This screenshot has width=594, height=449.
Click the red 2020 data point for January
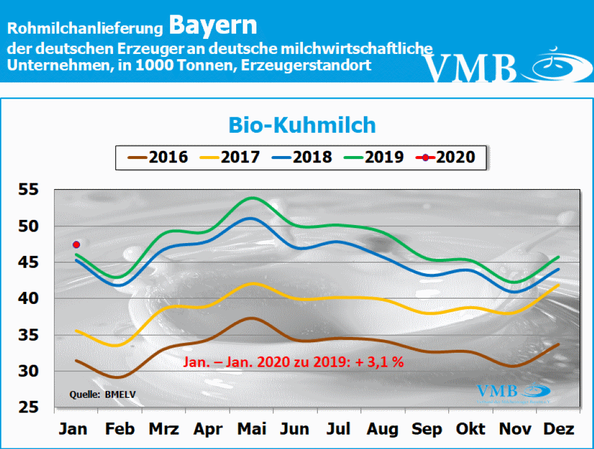click(76, 244)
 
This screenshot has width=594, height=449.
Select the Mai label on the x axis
click(252, 430)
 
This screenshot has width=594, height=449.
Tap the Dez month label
click(559, 430)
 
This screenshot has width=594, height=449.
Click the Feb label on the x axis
click(120, 430)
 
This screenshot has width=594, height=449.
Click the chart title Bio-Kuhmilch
click(302, 125)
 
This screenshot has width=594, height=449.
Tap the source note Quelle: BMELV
click(98, 395)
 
